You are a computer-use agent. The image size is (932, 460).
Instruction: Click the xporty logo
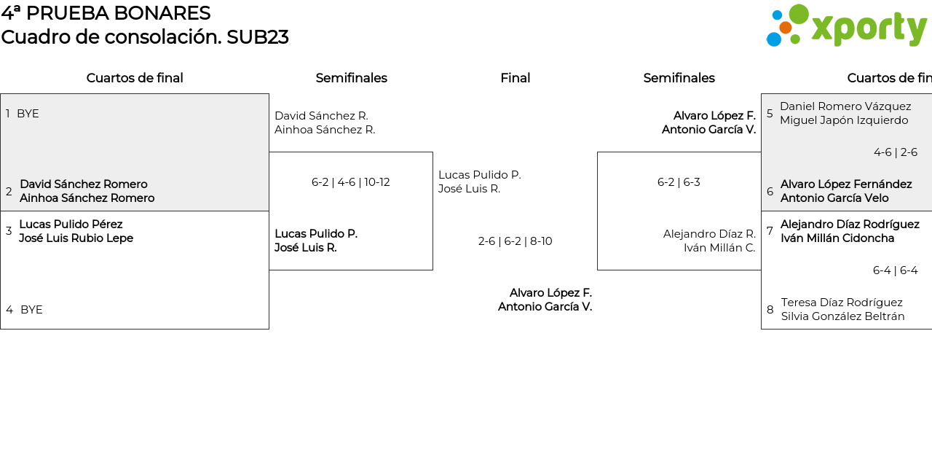tap(846, 26)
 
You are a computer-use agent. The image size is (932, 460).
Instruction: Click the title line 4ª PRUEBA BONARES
tap(106, 13)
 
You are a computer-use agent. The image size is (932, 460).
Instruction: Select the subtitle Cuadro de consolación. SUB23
tap(144, 37)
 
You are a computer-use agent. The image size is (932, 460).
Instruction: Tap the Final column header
tap(515, 78)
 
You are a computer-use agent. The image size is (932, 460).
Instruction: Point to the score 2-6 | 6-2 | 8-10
tap(515, 241)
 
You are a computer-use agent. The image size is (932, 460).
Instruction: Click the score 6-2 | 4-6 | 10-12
tap(350, 182)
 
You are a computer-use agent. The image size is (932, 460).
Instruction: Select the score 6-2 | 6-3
tap(679, 182)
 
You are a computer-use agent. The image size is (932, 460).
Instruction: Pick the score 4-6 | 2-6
tap(895, 152)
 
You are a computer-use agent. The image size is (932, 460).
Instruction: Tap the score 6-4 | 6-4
tap(895, 270)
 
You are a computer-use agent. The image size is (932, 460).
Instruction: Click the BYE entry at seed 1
tap(28, 114)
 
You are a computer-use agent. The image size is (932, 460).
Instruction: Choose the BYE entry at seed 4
tap(31, 310)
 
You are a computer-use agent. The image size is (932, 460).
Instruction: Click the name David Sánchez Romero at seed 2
tap(84, 184)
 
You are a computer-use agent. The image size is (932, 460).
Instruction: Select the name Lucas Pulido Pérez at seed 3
tap(71, 225)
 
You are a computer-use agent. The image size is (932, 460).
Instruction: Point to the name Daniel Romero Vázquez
tap(845, 106)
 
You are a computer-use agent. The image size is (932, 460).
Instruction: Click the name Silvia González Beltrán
tap(842, 316)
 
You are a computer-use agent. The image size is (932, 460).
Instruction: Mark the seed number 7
tap(770, 231)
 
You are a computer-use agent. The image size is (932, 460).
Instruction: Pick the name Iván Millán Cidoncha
tap(837, 238)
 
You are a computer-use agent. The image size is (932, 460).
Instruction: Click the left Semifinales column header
tap(351, 78)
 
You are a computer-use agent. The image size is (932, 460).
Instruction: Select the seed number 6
tap(770, 192)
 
